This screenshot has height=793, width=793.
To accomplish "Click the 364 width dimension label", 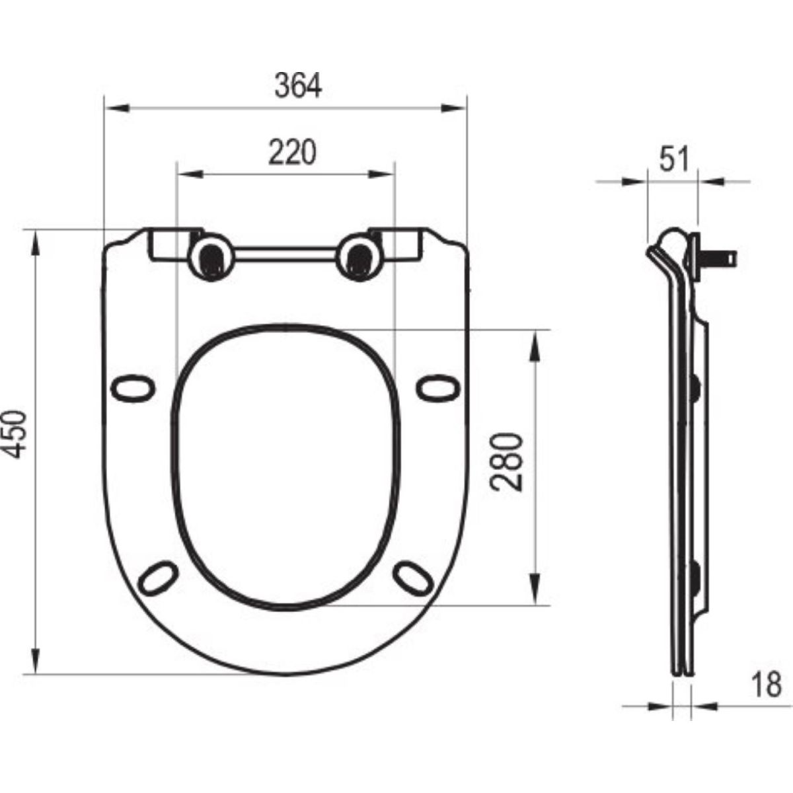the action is coord(298,86).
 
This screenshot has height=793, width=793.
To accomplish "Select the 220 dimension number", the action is coord(292,152).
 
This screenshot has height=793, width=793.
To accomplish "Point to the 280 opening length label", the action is coord(506,462).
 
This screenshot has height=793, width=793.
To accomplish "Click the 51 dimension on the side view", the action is coord(674,160).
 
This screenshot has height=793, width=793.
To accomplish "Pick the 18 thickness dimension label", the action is coord(767,685).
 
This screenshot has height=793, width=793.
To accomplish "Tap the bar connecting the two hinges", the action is coord(285,254).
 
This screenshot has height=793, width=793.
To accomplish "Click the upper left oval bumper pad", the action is coord(133,388).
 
